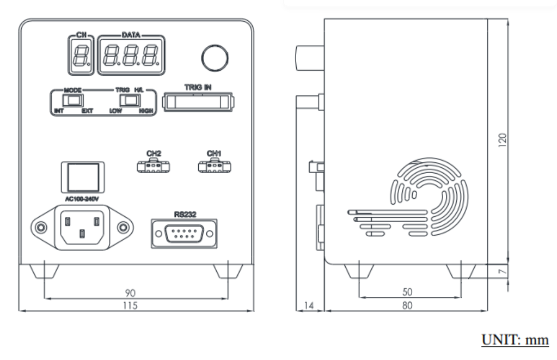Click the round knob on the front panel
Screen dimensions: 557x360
(215, 58)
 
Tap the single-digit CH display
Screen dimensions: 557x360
(81, 55)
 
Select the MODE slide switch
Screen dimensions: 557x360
(73, 101)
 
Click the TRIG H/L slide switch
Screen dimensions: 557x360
(130, 101)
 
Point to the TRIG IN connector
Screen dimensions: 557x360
(198, 102)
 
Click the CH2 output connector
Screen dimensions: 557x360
(153, 166)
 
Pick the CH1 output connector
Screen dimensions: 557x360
(215, 166)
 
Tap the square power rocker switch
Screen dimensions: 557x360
(83, 177)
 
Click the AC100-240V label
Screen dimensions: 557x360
(82, 199)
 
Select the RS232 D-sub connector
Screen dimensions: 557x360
(184, 234)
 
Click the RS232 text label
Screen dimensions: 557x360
(185, 214)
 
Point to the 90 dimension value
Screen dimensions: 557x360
(130, 293)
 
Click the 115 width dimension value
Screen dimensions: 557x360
(130, 306)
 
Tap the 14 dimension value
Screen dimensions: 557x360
(309, 306)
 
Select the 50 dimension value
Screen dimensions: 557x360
(407, 292)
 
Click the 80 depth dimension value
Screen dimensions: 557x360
(407, 306)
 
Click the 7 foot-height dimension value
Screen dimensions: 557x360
(502, 272)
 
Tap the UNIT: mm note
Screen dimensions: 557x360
(515, 340)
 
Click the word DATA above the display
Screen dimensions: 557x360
(131, 35)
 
